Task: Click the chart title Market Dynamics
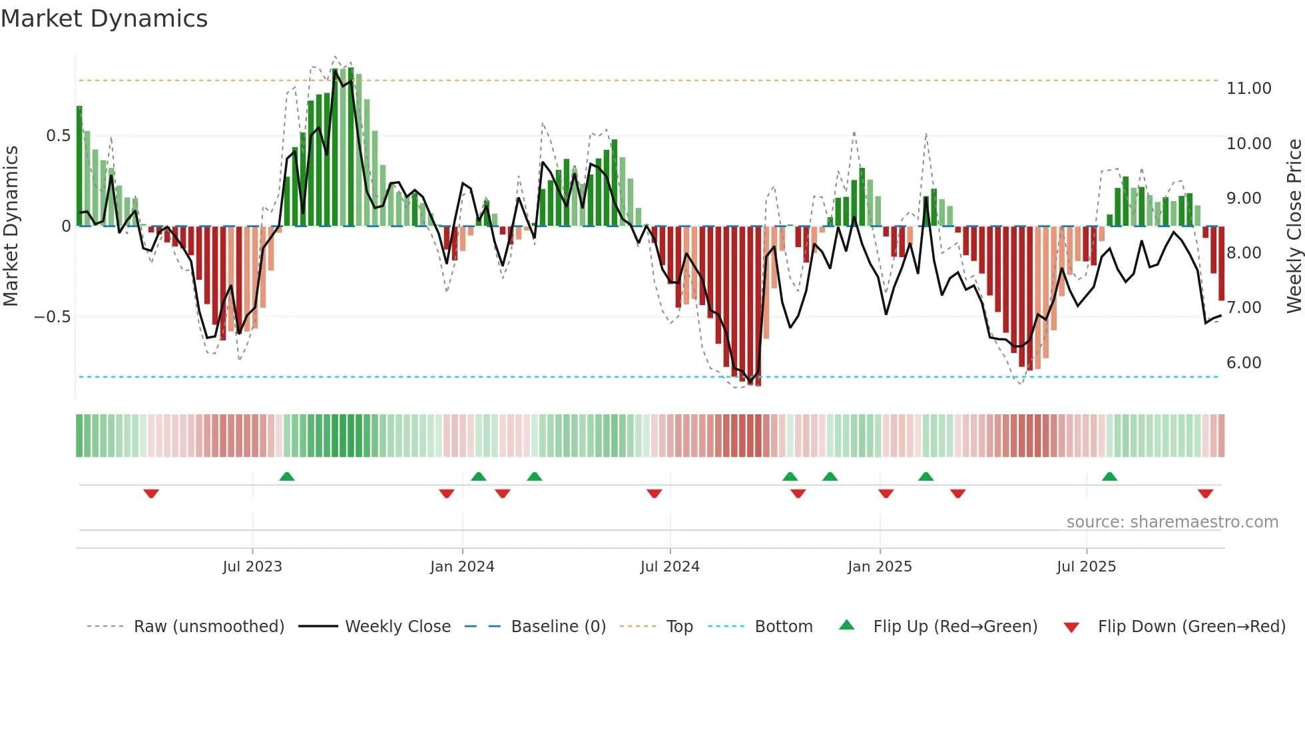[x=104, y=19]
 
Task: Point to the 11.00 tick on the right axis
[x=1248, y=89]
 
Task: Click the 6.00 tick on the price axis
[x=1243, y=363]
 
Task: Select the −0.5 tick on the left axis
[x=52, y=317]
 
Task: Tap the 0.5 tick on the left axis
[x=58, y=136]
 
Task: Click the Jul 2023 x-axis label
[x=252, y=567]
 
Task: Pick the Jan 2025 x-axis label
[x=880, y=567]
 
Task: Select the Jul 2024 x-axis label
[x=670, y=567]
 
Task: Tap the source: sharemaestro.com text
[x=1172, y=522]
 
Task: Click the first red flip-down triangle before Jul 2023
[x=151, y=494]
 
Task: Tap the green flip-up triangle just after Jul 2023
[x=287, y=476]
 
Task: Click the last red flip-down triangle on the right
[x=1205, y=494]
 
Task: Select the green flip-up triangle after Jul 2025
[x=1109, y=476]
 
